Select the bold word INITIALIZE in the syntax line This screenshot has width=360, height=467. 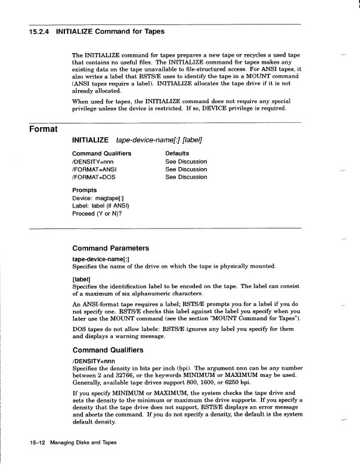[90, 140]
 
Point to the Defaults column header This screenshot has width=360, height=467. [178, 153]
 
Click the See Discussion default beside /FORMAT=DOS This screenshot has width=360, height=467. [186, 177]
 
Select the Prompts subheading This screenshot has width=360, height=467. [85, 190]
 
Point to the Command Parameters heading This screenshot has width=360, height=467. [111, 248]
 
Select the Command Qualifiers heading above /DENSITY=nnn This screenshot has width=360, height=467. [111, 351]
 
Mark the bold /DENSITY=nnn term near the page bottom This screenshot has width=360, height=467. [94, 361]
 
